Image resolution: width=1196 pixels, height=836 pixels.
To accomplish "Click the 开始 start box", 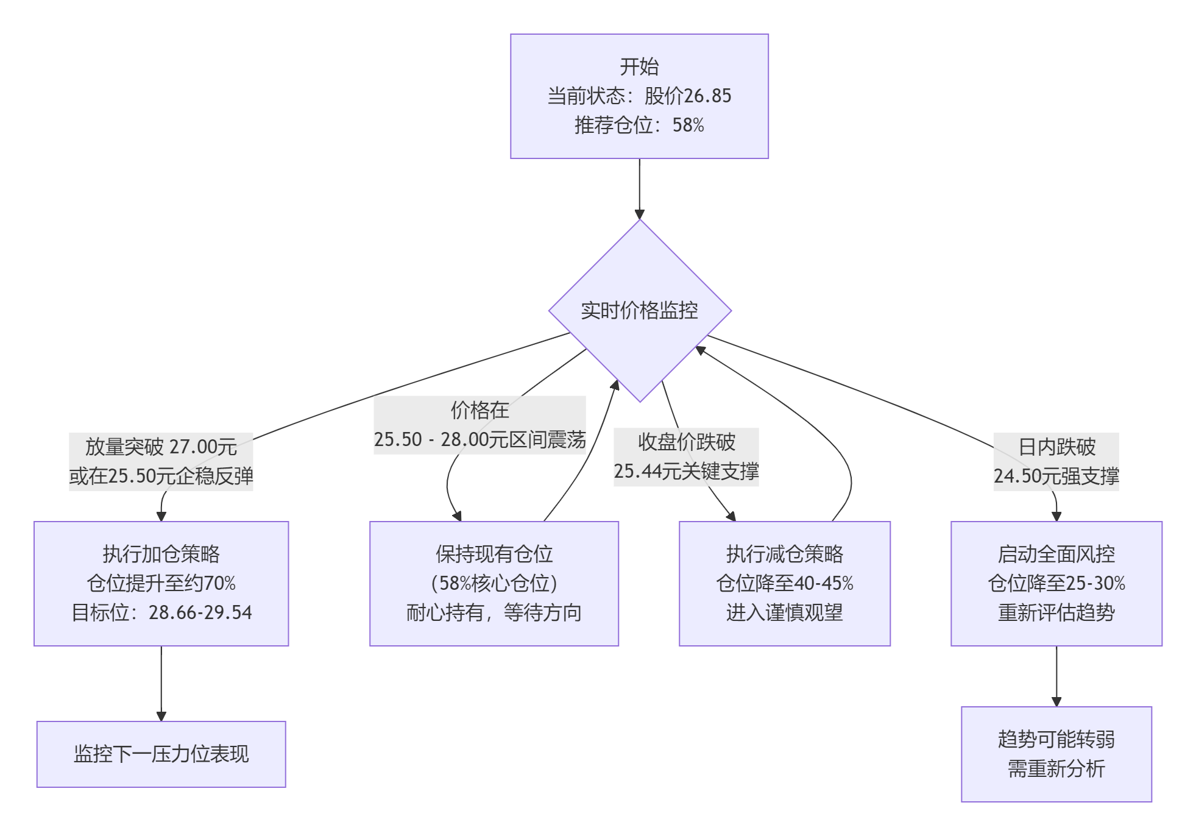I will point(639,96).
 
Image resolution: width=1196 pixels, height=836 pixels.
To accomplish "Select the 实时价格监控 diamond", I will point(639,310).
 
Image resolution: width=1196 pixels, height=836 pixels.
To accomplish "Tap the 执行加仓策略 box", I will point(161,583).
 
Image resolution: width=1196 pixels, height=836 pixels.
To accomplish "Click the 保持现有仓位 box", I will point(494,583).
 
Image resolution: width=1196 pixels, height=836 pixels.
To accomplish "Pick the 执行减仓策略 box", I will point(784,583).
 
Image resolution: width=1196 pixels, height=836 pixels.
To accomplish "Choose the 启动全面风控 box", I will point(1056,583).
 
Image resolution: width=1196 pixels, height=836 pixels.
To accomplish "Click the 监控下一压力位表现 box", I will point(161,754).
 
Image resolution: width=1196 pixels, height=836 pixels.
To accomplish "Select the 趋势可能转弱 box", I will point(1056,754).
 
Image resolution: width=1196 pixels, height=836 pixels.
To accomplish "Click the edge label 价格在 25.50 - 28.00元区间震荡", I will point(479,425).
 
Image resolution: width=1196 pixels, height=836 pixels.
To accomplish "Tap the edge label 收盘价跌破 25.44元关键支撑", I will point(686,456).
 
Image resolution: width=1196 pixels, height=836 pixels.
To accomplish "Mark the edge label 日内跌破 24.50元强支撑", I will point(1056,461).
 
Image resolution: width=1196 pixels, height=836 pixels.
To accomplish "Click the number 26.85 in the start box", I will point(707,96).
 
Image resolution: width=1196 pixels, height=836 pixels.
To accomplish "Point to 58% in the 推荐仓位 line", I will point(688,125).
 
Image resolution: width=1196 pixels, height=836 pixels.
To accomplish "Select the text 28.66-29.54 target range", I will point(200,612).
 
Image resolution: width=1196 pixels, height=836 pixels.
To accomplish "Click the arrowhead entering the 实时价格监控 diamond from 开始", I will point(639,214).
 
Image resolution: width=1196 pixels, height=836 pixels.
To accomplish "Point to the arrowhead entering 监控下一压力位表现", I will point(161,716).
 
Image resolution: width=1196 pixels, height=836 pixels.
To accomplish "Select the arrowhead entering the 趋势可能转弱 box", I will point(1056,701).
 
